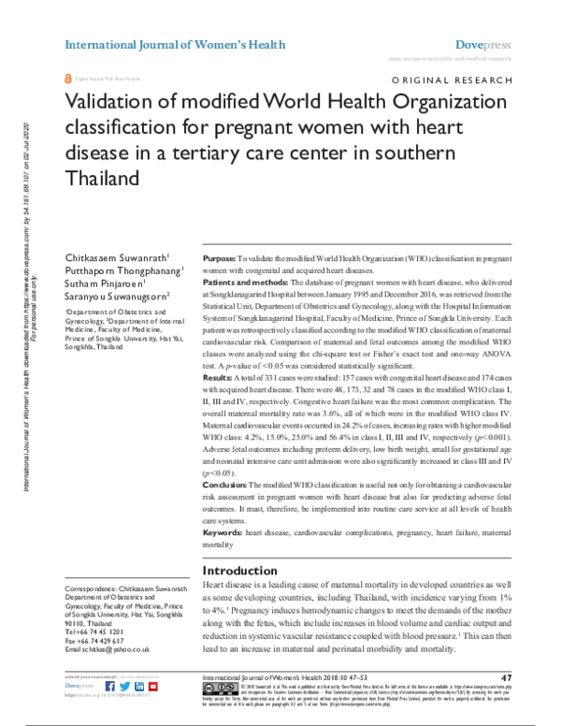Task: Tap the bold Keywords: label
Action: click(x=223, y=531)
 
